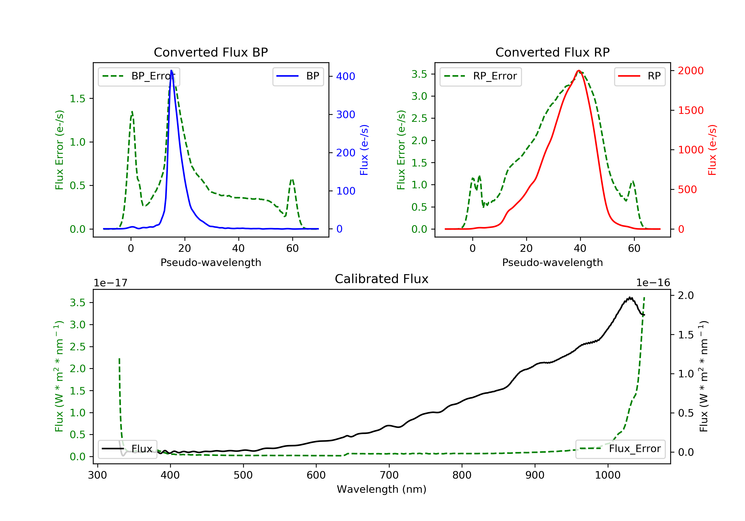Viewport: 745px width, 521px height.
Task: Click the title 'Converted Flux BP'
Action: point(211,52)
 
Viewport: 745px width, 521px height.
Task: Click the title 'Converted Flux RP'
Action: point(552,52)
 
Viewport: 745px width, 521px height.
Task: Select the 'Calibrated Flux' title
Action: point(382,279)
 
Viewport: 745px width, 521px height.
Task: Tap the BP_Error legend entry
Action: point(139,76)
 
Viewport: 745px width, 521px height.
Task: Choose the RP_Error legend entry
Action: point(481,76)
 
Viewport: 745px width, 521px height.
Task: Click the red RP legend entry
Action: point(639,76)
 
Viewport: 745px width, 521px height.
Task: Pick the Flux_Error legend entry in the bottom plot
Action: point(620,449)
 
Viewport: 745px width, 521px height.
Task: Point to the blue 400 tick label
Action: point(346,76)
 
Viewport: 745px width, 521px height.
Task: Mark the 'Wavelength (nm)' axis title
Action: point(382,489)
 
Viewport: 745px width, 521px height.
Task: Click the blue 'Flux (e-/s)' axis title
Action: point(364,150)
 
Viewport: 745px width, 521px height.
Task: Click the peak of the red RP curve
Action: point(579,70)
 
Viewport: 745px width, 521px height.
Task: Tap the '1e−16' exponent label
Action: point(653,283)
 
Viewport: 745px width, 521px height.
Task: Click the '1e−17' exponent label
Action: point(110,283)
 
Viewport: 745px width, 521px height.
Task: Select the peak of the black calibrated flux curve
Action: point(630,297)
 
